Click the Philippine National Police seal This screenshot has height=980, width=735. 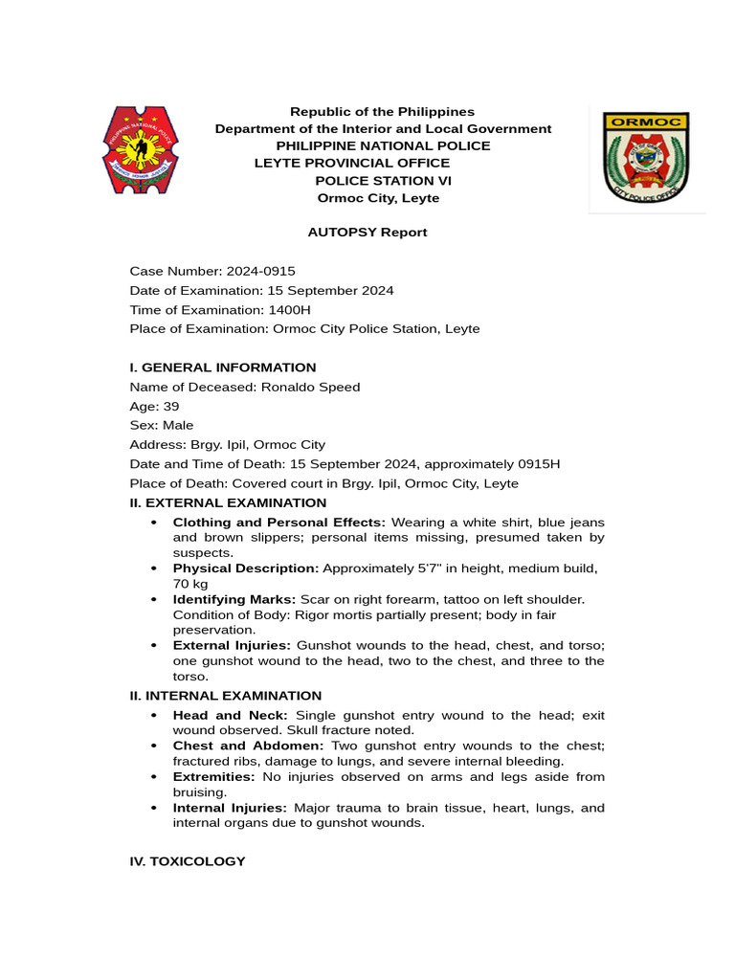pos(141,150)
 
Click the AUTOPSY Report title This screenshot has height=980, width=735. pos(367,233)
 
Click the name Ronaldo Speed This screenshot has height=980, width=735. pos(314,387)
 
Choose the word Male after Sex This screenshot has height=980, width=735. pos(178,425)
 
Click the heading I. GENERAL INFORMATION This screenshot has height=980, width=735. pos(223,367)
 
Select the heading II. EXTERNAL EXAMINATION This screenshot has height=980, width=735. pos(228,502)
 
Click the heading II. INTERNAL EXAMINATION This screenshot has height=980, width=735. pos(226,696)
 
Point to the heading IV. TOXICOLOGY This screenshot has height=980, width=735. pos(188,861)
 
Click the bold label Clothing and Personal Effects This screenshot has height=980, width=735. pos(279,523)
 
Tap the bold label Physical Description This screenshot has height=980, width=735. pos(246,568)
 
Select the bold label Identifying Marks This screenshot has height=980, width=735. pos(234,599)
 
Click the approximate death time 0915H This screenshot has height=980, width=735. pos(540,464)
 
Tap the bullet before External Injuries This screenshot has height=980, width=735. pos(154,646)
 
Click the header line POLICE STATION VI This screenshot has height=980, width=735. pos(384,181)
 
